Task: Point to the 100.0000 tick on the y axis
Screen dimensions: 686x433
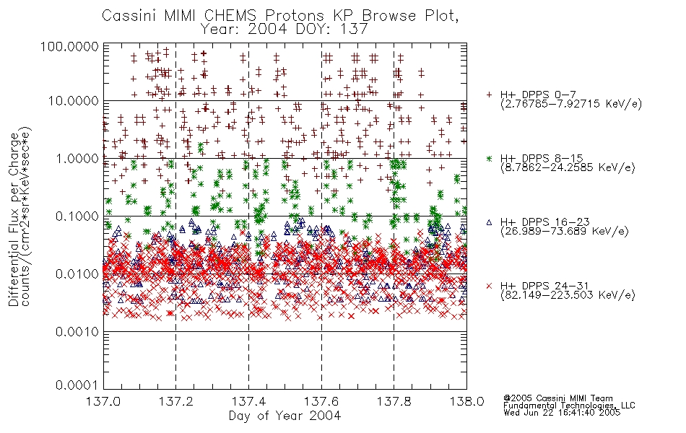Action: click(x=69, y=46)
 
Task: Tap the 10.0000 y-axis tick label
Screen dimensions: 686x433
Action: click(x=73, y=102)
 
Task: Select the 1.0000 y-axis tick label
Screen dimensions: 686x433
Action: click(x=77, y=158)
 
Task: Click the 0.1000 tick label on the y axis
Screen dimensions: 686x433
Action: click(x=77, y=216)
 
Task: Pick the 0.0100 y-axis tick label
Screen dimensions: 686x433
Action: click(x=77, y=274)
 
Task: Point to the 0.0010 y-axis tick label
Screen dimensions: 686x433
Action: click(x=77, y=332)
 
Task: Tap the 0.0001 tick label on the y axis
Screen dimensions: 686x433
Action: click(x=77, y=385)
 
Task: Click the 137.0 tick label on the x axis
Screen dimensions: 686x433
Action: click(x=104, y=401)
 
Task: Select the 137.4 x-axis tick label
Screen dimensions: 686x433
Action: click(x=249, y=401)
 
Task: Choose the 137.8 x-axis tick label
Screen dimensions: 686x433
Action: click(x=394, y=401)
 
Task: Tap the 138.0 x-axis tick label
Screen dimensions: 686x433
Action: click(x=466, y=401)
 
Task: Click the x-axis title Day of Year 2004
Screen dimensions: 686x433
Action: click(x=285, y=416)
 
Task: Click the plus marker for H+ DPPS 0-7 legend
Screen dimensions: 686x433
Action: click(x=489, y=95)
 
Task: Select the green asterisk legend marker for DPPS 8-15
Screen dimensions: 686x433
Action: click(x=489, y=158)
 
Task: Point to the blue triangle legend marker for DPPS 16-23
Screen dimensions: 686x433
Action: click(x=489, y=222)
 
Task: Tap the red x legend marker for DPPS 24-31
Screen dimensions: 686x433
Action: click(x=489, y=286)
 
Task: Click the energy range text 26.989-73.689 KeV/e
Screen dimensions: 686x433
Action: click(x=565, y=232)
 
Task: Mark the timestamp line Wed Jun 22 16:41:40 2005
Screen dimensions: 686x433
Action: click(x=562, y=413)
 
